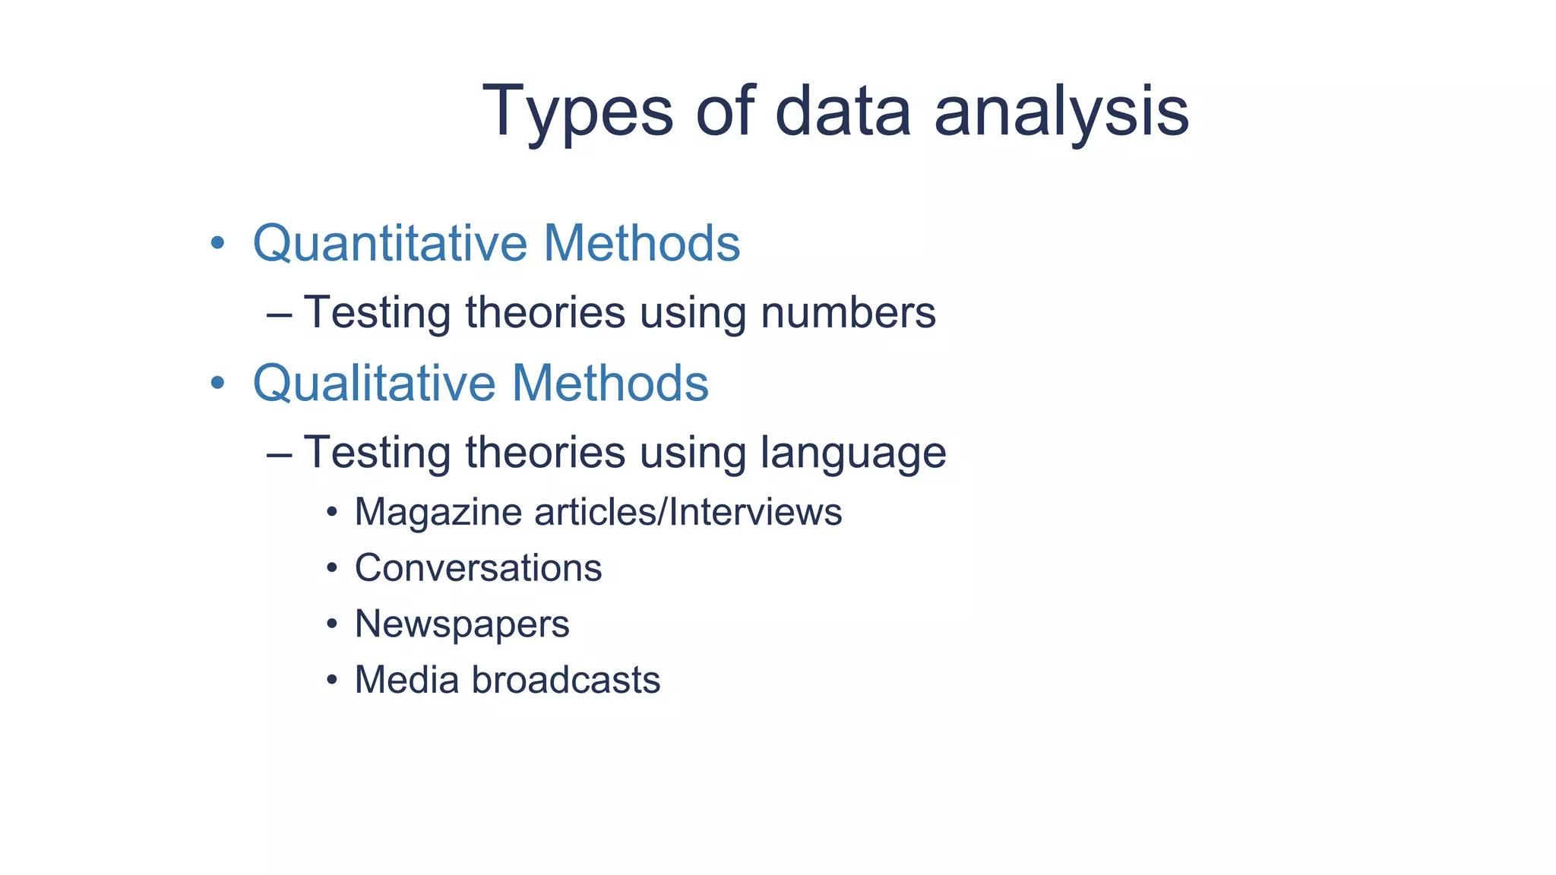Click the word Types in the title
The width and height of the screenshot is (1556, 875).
(577, 112)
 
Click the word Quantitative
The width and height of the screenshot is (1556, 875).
(390, 244)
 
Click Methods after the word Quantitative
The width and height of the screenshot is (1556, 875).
(642, 244)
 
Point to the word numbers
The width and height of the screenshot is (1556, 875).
(848, 312)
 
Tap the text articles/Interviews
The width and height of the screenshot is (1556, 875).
(688, 512)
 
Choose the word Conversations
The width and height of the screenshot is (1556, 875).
(478, 568)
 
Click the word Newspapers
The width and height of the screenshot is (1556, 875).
(462, 624)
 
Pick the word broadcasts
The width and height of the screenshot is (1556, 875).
(566, 680)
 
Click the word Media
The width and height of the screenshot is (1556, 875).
(406, 680)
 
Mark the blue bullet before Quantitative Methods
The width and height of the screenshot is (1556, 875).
(218, 244)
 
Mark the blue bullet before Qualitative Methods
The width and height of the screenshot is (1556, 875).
(218, 383)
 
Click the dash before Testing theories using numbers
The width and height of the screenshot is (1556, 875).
(280, 314)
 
